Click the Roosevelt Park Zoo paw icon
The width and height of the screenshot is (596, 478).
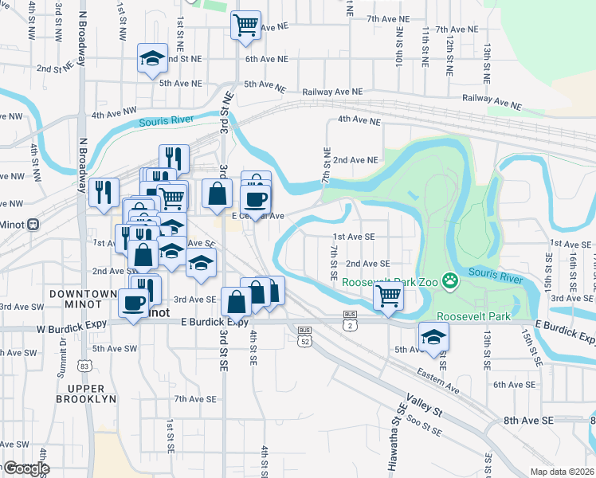coord(450,280)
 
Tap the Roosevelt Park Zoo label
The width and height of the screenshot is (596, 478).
coord(390,282)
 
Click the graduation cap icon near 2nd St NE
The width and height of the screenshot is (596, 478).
coord(152,58)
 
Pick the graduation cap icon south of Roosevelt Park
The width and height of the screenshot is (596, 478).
coord(433,337)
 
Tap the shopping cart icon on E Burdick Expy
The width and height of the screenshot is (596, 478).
coord(388,296)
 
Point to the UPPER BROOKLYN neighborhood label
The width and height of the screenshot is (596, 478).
coord(86,393)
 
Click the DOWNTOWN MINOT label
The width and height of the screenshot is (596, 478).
coord(84,300)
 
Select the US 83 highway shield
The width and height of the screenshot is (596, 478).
coord(85,366)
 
